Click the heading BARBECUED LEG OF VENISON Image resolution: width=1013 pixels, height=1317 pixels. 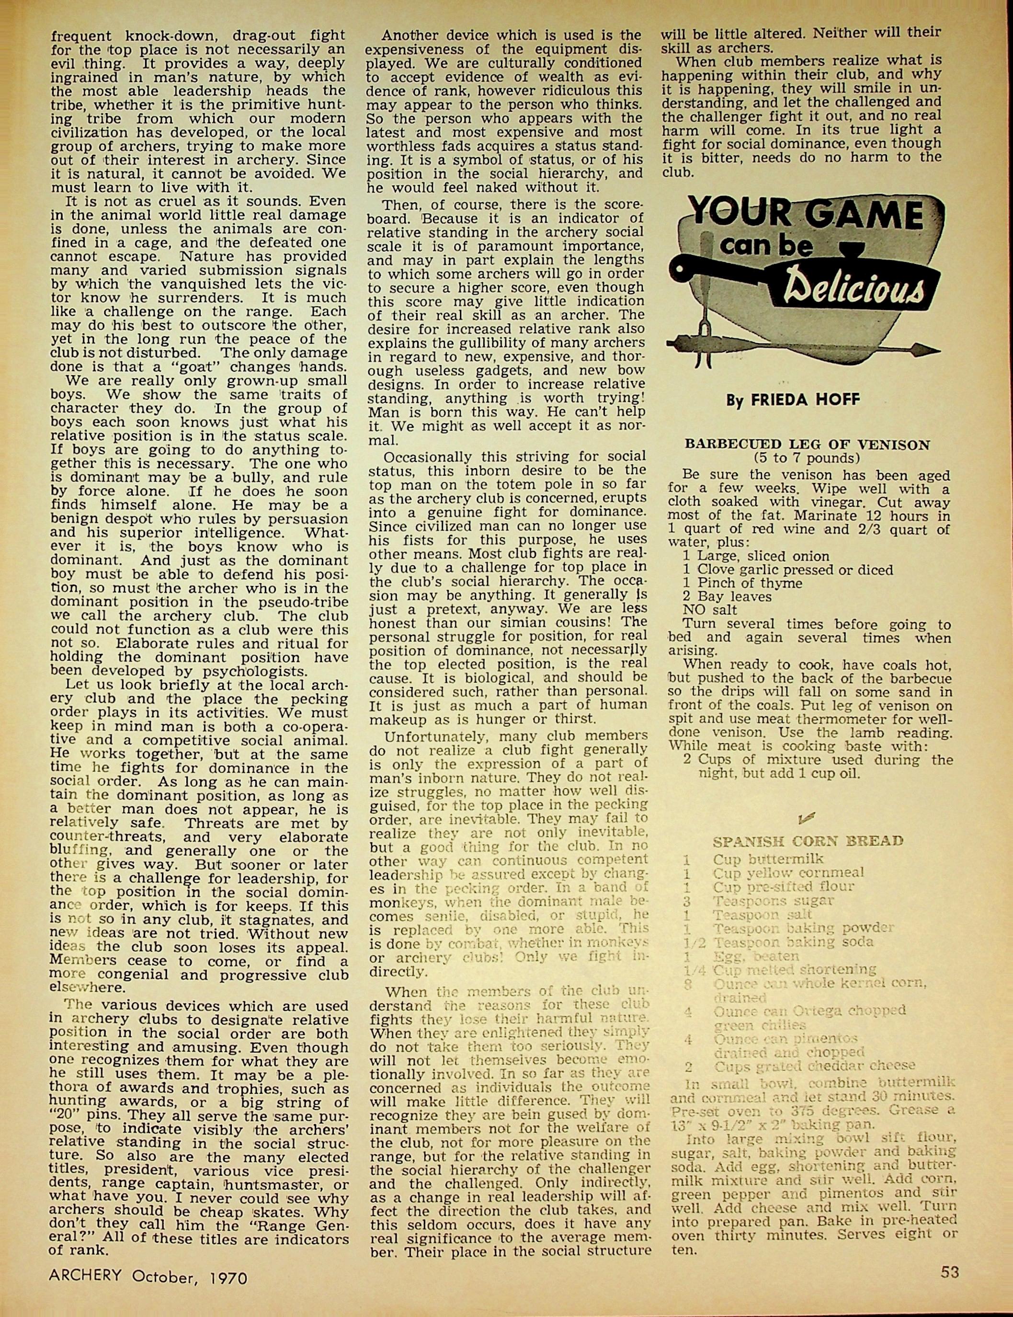tap(807, 445)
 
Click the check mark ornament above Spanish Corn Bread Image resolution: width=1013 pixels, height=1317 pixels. tap(806, 817)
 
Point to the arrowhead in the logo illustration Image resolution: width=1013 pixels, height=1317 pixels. tap(929, 351)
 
